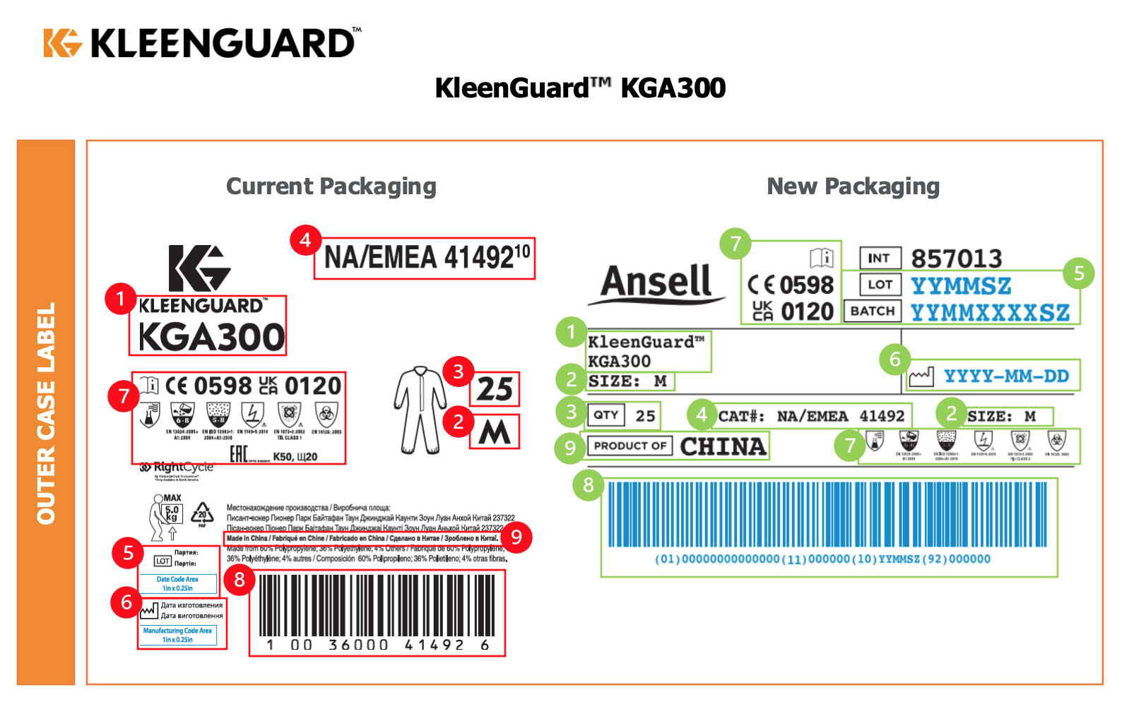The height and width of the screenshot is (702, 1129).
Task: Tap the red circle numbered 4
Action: [x=305, y=240]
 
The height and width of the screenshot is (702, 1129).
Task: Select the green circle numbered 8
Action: [x=589, y=485]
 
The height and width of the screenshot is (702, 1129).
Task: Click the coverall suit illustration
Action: [x=420, y=410]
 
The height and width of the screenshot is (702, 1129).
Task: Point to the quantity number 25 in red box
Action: [x=495, y=389]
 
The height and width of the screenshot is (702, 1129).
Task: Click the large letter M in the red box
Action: [x=495, y=432]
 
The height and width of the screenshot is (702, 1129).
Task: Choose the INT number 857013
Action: [x=956, y=258]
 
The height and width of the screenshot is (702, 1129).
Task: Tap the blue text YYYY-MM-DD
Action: [x=1006, y=376]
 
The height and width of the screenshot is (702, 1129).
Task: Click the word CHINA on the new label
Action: [x=723, y=446]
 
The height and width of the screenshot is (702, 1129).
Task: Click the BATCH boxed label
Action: [x=873, y=311]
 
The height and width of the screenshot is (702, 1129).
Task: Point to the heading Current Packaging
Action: [x=331, y=186]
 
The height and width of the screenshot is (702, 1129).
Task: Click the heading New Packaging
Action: [x=853, y=186]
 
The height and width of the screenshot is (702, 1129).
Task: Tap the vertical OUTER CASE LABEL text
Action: [x=46, y=413]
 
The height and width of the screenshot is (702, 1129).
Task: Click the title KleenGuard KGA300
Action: [x=580, y=88]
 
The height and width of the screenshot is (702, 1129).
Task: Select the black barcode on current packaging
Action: [x=377, y=605]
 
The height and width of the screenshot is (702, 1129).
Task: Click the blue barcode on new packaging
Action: [x=827, y=515]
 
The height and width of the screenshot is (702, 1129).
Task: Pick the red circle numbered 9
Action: [x=516, y=537]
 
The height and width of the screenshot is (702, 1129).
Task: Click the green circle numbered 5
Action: [x=1078, y=273]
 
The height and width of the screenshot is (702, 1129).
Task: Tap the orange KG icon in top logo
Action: [x=62, y=42]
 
